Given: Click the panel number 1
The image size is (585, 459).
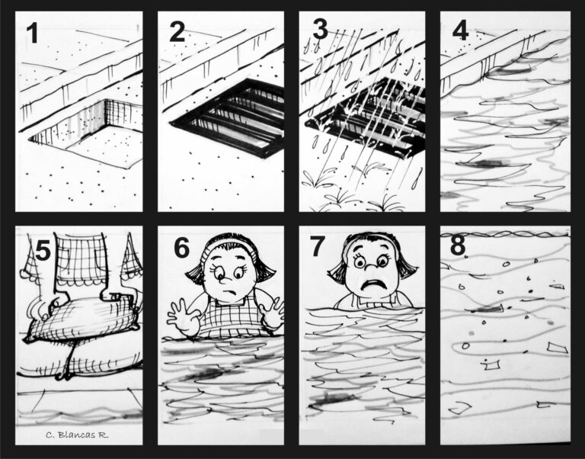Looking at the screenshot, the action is (x=33, y=33).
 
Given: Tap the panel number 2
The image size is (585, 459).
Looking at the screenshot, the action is (x=177, y=32).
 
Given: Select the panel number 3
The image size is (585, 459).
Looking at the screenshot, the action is (x=321, y=29).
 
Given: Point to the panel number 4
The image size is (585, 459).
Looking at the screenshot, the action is (x=460, y=30).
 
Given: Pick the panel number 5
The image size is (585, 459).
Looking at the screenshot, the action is (x=43, y=250).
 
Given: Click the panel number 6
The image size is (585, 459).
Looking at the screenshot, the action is (x=182, y=248).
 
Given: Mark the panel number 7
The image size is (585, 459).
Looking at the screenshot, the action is (x=318, y=246).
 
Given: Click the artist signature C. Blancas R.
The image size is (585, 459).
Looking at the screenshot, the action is (x=77, y=435).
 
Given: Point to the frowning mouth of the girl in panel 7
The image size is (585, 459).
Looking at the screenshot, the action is (x=372, y=284).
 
